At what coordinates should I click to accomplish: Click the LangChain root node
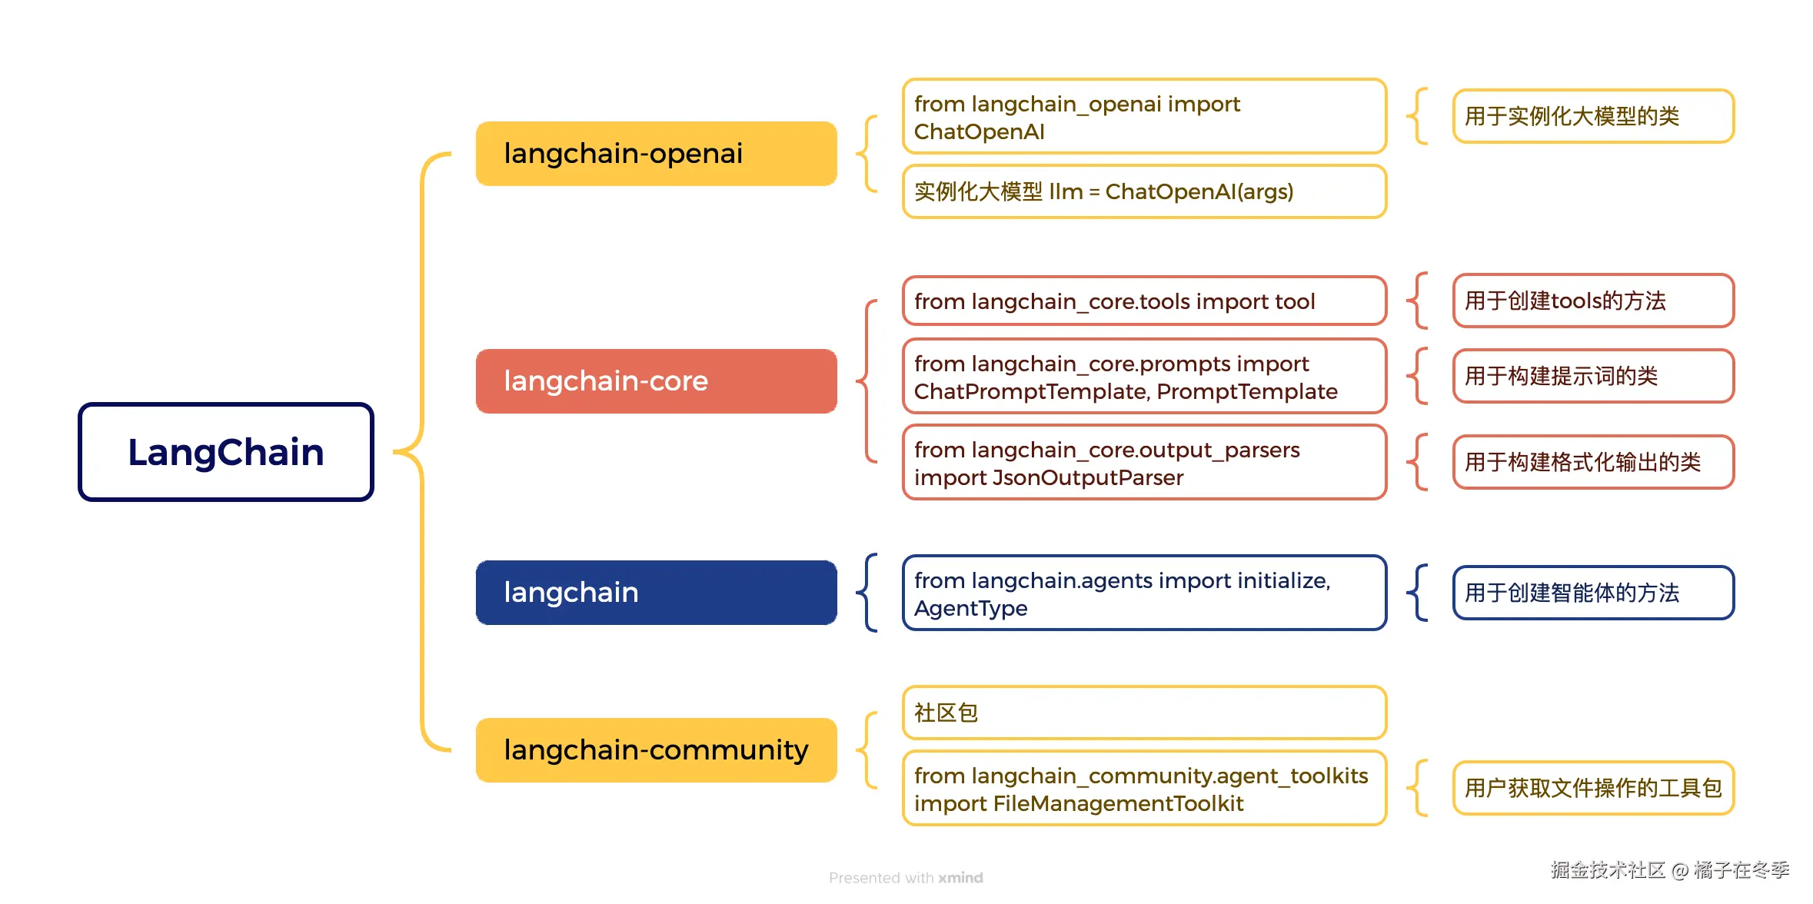pos(225,452)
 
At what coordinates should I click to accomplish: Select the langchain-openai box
pos(656,154)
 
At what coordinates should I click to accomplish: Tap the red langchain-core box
pos(656,381)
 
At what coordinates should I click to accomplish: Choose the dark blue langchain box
pos(656,593)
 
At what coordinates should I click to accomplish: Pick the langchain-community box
pos(656,750)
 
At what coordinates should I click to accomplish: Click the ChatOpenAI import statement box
pos(1144,117)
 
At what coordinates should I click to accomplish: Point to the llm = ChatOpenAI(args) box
pos(1144,191)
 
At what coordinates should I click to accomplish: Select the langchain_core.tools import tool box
pos(1144,301)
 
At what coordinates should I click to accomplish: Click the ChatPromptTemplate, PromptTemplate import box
pos(1144,377)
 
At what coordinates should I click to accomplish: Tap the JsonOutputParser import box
pos(1144,463)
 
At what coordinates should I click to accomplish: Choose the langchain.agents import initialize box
pos(1144,593)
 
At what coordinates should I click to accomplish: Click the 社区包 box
pos(1144,713)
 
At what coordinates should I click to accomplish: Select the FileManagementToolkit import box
pos(1144,789)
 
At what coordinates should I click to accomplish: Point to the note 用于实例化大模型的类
pos(1593,116)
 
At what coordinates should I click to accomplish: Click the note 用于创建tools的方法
pos(1593,301)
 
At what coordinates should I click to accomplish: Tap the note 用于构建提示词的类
pos(1593,376)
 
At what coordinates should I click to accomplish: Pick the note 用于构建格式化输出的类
pos(1593,462)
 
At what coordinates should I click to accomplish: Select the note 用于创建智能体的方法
pos(1593,593)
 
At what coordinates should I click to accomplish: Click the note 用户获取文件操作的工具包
pos(1593,788)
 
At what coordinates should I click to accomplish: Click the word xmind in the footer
pos(960,878)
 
